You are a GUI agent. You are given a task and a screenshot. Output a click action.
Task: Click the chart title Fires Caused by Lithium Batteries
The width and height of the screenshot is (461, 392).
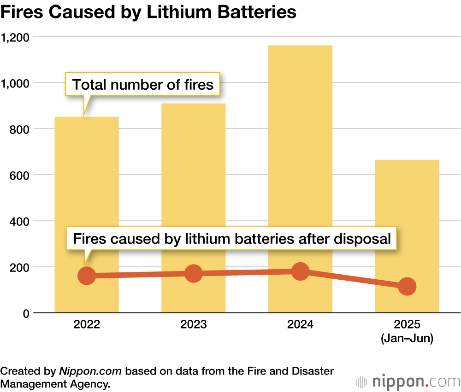point(148,12)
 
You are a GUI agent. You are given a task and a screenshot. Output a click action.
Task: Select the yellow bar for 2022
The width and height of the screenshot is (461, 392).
point(87,193)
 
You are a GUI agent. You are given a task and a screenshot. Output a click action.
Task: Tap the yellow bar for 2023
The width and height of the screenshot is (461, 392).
point(193,184)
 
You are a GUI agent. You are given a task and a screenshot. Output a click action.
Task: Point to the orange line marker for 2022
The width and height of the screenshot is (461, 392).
point(87,276)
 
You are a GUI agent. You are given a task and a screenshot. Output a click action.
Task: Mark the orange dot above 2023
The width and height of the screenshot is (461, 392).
point(194,273)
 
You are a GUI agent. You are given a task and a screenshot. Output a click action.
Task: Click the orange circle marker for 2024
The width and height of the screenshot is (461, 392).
point(300,271)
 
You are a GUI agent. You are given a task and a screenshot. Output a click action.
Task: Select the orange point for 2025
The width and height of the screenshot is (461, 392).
point(407,286)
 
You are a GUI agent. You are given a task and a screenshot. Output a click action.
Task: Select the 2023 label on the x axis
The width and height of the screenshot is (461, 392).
point(194,324)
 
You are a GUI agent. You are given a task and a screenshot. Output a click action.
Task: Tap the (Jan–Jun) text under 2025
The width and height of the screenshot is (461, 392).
point(407,339)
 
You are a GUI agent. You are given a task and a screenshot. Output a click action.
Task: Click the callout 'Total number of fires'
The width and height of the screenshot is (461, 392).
point(143,85)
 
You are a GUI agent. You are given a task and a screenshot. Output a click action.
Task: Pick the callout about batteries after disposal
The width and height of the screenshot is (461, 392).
point(232,239)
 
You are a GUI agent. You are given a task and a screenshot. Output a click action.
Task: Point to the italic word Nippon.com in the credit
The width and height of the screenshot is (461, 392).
point(90,371)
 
